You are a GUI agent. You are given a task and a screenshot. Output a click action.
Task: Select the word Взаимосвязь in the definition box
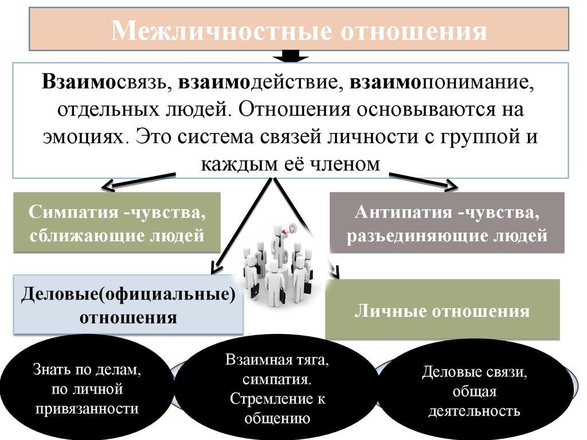105,81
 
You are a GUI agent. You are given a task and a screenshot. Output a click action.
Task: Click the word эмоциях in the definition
86,137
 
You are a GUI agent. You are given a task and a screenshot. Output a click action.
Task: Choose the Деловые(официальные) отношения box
128,305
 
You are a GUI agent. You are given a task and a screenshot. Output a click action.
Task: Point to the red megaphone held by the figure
290,229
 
